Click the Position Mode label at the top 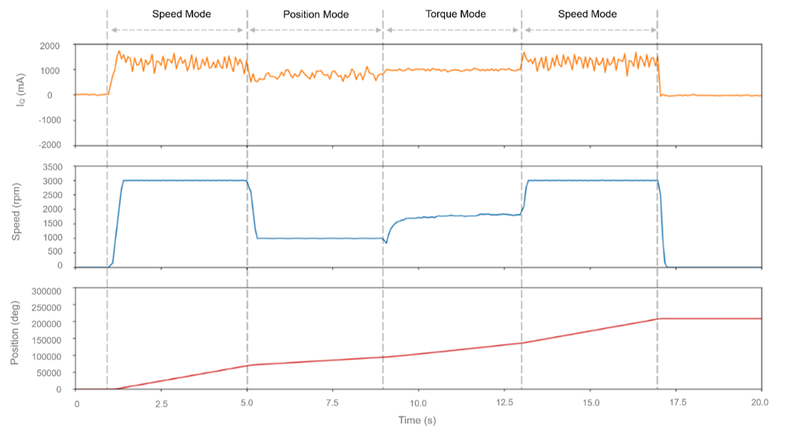[316, 14]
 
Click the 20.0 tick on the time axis [760, 404]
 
